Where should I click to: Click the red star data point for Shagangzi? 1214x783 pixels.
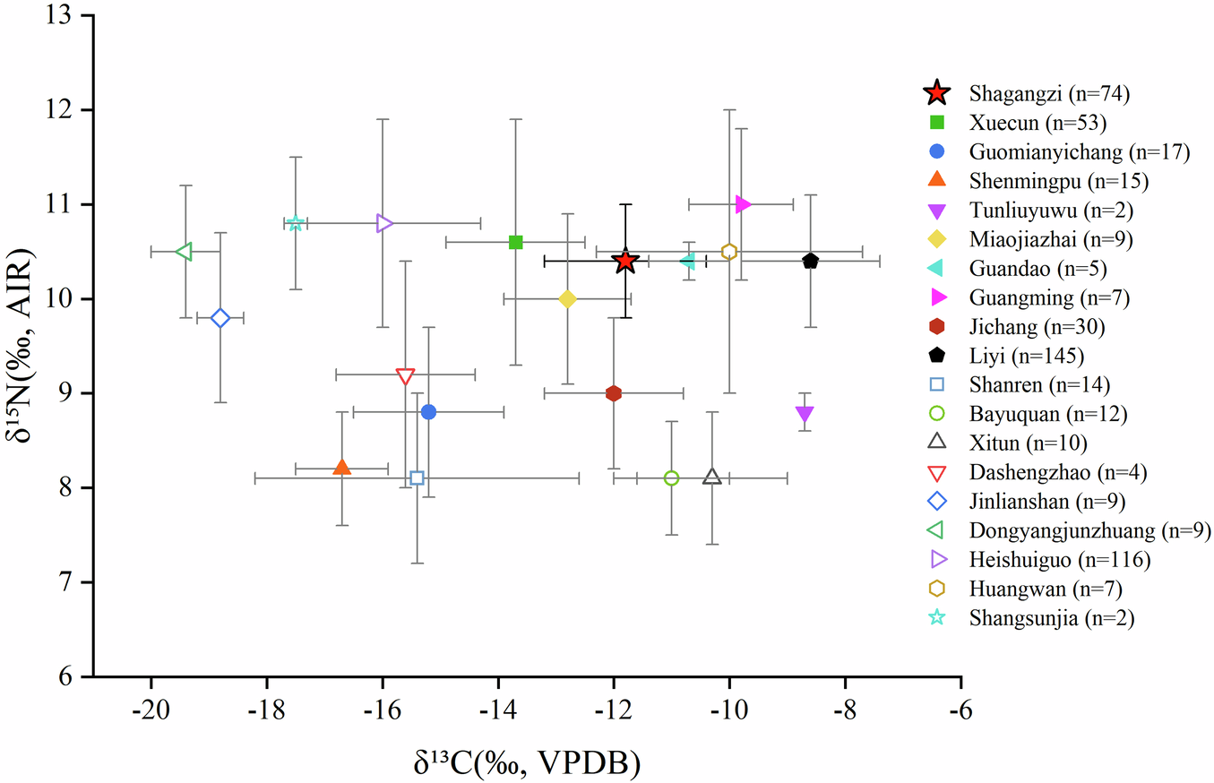point(625,262)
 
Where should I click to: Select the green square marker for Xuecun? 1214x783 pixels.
point(515,242)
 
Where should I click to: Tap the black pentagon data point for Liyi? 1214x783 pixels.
point(811,261)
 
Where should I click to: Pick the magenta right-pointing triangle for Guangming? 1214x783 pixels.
point(742,204)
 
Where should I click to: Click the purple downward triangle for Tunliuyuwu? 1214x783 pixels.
point(805,413)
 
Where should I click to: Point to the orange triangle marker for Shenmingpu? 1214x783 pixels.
point(341,468)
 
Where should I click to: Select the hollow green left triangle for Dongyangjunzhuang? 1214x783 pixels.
point(184,252)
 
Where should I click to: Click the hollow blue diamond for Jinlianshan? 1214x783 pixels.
point(220,318)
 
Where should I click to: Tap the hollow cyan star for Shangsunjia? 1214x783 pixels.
point(295,223)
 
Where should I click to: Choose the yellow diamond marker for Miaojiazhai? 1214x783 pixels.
point(567,298)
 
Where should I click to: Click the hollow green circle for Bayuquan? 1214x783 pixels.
point(671,478)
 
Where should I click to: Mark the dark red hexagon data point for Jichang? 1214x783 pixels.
point(614,393)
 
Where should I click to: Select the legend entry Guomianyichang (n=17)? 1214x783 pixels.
point(1079,151)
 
